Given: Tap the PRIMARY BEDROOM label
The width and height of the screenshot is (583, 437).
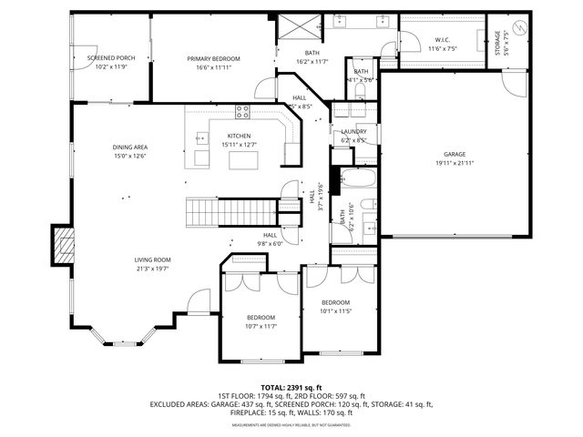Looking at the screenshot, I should pyautogui.click(x=212, y=58).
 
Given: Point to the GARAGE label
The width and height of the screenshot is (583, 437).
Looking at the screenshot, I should pyautogui.click(x=455, y=155).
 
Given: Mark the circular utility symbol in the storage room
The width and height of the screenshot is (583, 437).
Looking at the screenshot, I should pyautogui.click(x=518, y=28).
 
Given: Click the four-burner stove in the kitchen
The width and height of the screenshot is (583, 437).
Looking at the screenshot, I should pyautogui.click(x=243, y=113).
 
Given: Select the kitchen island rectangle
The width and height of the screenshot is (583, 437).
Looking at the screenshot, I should pyautogui.click(x=242, y=160).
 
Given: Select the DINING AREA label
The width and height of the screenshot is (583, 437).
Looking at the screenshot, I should pyautogui.click(x=130, y=147).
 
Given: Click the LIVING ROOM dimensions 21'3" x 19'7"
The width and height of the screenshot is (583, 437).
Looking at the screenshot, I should pyautogui.click(x=153, y=269).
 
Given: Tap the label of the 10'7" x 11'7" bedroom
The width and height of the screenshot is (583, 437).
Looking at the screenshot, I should pyautogui.click(x=261, y=318).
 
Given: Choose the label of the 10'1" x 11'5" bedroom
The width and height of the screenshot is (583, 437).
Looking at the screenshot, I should pyautogui.click(x=334, y=302).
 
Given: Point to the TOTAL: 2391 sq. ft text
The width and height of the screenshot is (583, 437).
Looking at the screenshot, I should pyautogui.click(x=291, y=388).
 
